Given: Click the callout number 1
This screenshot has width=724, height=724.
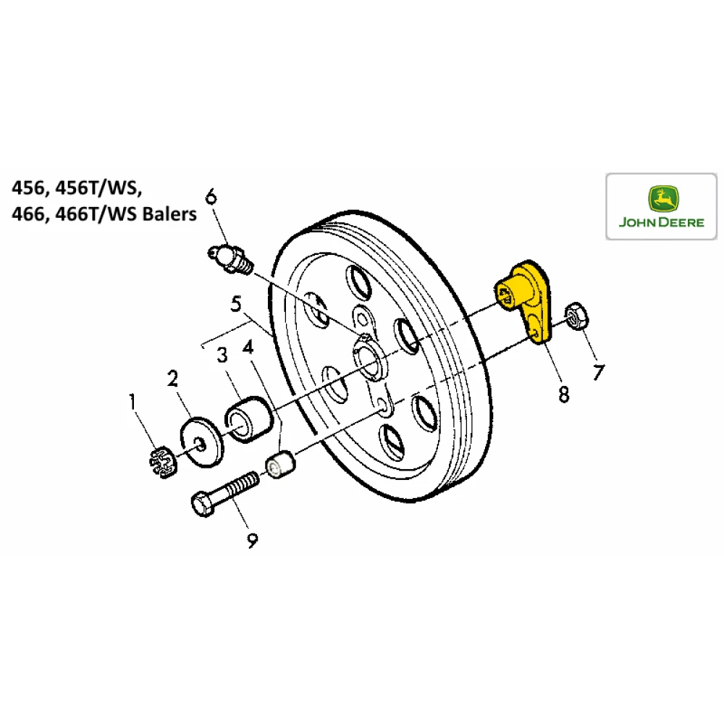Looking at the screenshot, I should tap(132, 400).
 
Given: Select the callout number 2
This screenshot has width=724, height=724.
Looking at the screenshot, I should tap(172, 378).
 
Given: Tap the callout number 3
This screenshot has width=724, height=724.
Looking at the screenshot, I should tap(222, 355).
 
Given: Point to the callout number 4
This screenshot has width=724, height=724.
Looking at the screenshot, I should tap(248, 348).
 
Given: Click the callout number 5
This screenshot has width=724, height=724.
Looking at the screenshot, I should tap(235, 305).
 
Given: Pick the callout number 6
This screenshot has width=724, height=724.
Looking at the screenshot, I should tap(210, 196).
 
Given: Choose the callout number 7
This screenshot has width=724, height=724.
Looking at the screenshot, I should tap(598, 373).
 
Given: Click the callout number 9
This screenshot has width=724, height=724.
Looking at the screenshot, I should tap(251, 539).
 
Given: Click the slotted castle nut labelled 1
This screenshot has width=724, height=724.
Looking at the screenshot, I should tap(164, 464).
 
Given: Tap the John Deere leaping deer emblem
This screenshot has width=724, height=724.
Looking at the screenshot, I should tap(661, 198).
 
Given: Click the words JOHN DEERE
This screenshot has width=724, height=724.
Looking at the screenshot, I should tap(661, 222).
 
